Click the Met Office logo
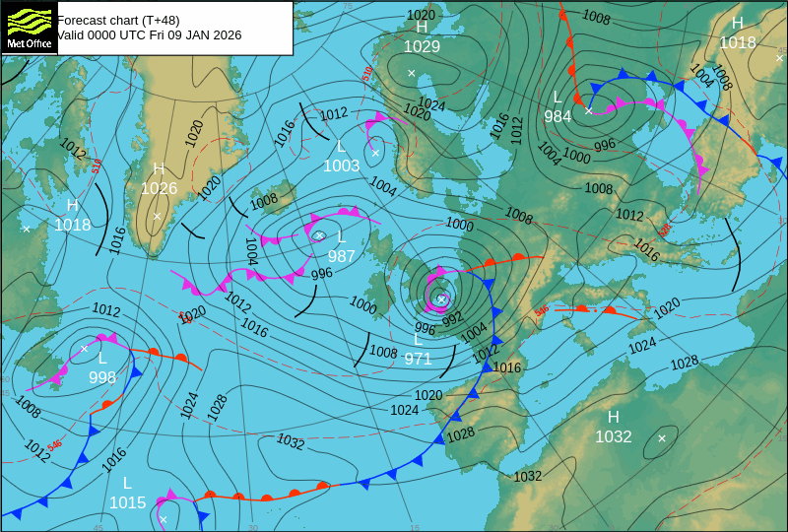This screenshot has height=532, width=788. coord(29,27)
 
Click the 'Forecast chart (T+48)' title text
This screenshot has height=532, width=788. coord(114,19)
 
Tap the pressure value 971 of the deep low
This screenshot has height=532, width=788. coord(418,359)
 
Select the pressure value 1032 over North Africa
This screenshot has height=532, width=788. coord(613,436)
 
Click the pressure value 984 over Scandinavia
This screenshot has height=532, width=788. coord(558,116)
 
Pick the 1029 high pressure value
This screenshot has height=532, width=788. coord(422,46)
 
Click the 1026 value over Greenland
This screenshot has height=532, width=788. coord(159,188)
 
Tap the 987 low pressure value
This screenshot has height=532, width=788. coord(342,256)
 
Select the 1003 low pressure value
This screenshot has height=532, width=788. coord(342,166)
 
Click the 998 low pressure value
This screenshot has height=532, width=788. coord(102,377)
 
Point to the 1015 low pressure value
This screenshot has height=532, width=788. coord(127,502)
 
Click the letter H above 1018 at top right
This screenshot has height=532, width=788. coord(738,24)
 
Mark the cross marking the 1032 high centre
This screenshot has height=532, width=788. coord(662,437)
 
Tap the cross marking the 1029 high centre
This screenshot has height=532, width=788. coord(412,73)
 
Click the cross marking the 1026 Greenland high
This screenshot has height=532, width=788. coord(157,216)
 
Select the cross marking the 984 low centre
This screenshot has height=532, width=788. coord(588,110)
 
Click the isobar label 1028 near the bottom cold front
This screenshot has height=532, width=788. coord(460,433)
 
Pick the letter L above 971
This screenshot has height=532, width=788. coord(418,339)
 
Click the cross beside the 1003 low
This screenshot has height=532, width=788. coord(375,153)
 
